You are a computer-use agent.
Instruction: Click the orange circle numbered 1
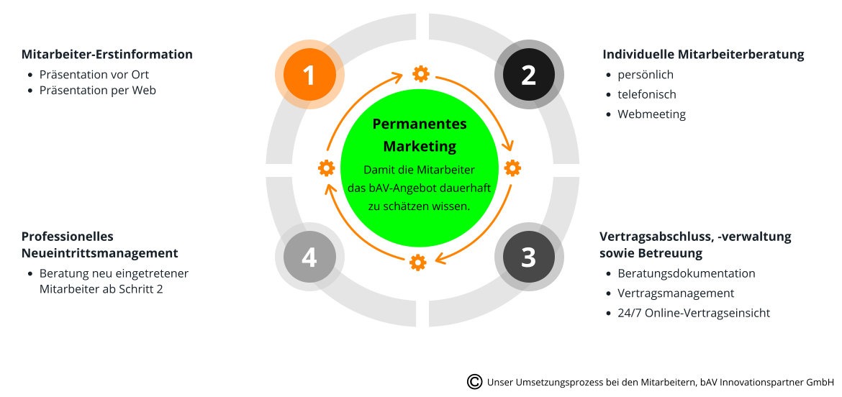[x=309, y=75]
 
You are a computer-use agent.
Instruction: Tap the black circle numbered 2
[x=529, y=75]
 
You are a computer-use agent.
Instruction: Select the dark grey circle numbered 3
[x=529, y=257]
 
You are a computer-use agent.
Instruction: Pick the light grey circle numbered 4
[x=309, y=257]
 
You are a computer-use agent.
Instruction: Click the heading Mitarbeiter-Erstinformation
[x=107, y=54]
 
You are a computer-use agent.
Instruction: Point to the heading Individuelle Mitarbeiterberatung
[x=703, y=54]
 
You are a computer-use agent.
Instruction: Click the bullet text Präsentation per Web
[x=98, y=90]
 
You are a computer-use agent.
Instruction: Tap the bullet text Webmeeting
[x=651, y=114]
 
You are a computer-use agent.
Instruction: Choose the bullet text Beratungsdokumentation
[x=687, y=273]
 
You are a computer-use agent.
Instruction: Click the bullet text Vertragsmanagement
[x=676, y=293]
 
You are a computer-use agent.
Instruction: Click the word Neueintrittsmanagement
[x=100, y=252]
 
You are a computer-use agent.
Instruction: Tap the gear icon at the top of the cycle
[x=420, y=73]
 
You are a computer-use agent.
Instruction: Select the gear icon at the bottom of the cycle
[x=418, y=263]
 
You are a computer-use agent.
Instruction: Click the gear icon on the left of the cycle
[x=327, y=168]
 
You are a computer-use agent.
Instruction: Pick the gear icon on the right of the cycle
[x=512, y=168]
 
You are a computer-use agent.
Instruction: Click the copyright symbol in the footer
[x=475, y=381]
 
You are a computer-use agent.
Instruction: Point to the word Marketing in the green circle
[x=420, y=146]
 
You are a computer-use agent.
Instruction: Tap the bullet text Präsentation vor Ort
[x=94, y=75]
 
